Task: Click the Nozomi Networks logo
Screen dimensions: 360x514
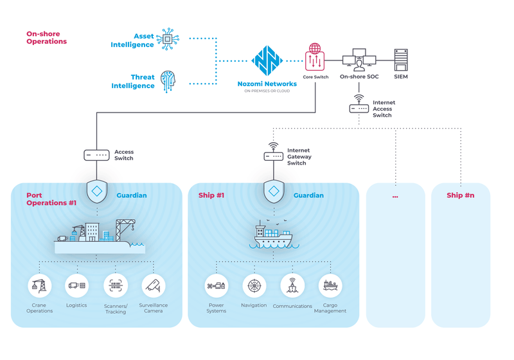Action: [x=267, y=60]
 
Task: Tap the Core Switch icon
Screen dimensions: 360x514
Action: [x=315, y=58]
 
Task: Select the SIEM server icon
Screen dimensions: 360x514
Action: [x=401, y=60]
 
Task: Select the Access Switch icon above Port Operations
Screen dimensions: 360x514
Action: [x=96, y=155]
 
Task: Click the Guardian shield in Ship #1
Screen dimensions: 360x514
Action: [x=274, y=192]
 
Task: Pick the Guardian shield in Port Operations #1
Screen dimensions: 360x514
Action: [x=96, y=192]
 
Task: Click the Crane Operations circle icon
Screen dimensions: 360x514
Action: [x=39, y=285]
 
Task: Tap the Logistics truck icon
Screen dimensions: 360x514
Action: [x=76, y=285]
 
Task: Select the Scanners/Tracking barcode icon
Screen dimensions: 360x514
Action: [x=116, y=285]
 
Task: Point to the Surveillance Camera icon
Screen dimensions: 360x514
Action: [x=154, y=285]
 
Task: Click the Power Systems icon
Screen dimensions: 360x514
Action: [x=216, y=285]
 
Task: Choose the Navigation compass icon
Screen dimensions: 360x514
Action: [x=254, y=285]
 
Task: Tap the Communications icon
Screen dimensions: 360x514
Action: [x=292, y=285]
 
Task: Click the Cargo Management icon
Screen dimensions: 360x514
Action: [x=330, y=285]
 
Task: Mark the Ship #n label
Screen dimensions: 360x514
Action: [x=460, y=195]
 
